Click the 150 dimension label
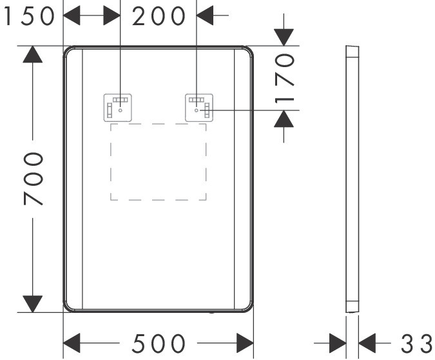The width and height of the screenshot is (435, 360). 30,16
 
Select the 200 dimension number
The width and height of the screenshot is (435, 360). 159,16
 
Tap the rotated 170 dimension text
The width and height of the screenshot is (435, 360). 284,78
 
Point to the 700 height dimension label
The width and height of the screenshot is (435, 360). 34,179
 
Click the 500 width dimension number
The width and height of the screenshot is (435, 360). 159,343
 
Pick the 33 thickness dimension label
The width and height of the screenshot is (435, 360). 417,343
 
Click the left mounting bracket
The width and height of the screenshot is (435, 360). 118,108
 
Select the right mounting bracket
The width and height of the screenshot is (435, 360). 199,108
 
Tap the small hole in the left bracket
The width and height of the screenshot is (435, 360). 120,110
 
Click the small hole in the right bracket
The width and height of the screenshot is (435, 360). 197,110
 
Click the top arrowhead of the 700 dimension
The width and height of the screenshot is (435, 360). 33,54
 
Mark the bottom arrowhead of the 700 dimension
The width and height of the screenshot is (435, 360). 33,304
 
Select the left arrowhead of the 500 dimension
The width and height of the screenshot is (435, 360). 72,343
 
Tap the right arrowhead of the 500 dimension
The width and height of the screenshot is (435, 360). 245,343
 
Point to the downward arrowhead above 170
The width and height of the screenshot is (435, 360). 284,37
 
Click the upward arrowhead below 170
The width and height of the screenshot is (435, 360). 284,119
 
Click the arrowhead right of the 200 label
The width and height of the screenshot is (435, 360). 205,15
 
